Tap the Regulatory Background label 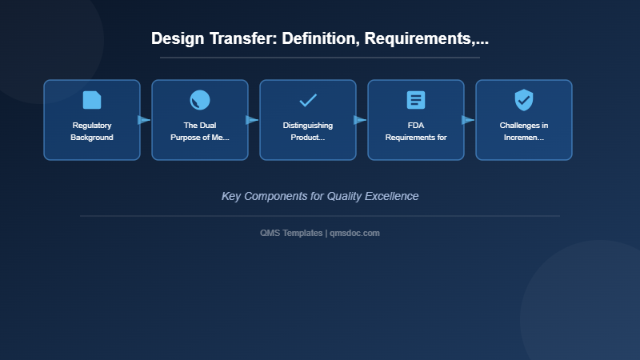(x=92, y=131)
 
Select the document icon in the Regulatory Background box (x=92, y=100)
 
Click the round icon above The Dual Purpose (x=200, y=100)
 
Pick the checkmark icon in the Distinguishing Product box (x=308, y=100)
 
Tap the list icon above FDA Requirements (x=416, y=100)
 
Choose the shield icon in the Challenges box (x=524, y=100)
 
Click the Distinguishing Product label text (x=308, y=131)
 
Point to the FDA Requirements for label (x=416, y=131)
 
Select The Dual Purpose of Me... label (x=200, y=131)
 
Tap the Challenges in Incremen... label (x=524, y=131)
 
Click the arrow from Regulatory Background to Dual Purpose (x=145, y=120)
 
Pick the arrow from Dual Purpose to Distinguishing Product (x=253, y=120)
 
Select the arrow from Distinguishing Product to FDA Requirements (x=361, y=120)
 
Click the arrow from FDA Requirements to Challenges (x=469, y=120)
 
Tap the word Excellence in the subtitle (x=391, y=196)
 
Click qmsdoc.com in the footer (x=355, y=233)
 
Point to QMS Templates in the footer (x=291, y=233)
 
